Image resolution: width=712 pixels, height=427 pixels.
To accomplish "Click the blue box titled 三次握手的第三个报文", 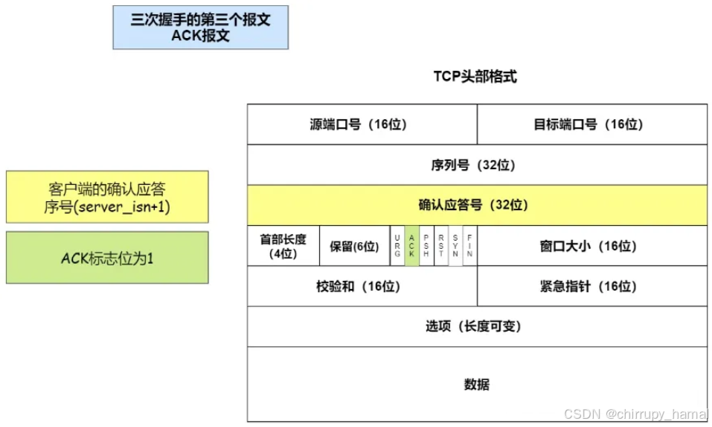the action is (200, 28).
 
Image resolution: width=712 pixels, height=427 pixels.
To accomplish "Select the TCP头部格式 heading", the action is (475, 76).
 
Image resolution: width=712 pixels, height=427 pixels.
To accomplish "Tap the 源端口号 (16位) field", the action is (362, 124).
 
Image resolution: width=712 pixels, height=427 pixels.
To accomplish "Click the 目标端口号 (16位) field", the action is (591, 124).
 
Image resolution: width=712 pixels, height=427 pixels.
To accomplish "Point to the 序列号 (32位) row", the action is (477, 165).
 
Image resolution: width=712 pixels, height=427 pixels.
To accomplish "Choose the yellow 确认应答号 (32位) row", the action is (477, 205).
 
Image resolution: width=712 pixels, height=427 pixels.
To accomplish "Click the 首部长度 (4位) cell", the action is (283, 246).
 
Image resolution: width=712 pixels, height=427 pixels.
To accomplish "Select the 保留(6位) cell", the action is (354, 246).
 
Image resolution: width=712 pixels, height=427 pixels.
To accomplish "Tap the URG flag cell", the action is (397, 246).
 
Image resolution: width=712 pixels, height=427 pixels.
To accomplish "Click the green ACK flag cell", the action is (411, 246).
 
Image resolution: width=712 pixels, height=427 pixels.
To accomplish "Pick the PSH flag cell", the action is (426, 246).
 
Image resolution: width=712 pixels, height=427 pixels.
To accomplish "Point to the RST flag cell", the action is (440, 246).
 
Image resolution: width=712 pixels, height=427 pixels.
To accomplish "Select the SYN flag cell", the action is (455, 246).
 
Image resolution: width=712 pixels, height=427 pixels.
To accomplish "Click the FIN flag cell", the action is (469, 246).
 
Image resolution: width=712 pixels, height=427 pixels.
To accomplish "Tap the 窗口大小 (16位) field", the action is (591, 246).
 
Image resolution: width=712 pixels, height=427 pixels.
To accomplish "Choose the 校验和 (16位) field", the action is (362, 286).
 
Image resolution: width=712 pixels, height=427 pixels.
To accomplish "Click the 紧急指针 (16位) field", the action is (591, 286).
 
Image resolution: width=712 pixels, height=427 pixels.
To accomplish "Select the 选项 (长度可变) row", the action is (477, 326).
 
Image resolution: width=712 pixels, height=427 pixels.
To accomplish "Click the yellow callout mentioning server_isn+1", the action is (107, 197).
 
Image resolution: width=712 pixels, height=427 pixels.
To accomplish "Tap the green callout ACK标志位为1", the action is (107, 258).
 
